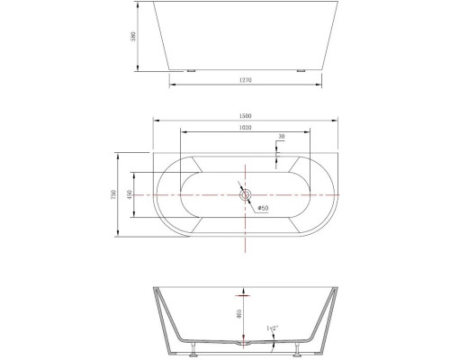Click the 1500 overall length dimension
245,116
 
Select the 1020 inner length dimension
245,129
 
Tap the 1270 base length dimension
245,79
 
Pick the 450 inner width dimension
132,195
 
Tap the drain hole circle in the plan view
245,194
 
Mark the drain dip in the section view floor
244,342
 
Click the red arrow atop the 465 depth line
244,294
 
